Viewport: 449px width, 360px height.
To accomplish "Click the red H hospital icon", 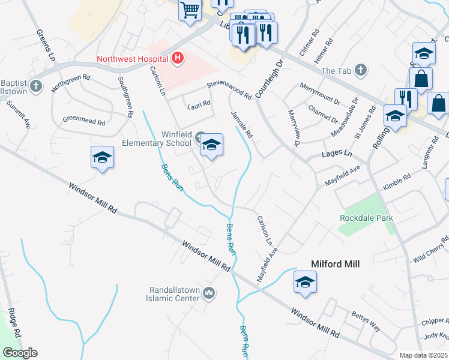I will click(177, 58).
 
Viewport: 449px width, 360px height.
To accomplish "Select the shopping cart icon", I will click(190, 10).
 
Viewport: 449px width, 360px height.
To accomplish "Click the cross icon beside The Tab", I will click(361, 70).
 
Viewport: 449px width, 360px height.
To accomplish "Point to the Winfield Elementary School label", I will click(156, 139).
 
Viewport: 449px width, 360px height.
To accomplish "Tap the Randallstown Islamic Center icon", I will click(209, 293).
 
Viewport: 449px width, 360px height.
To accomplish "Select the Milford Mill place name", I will click(334, 264).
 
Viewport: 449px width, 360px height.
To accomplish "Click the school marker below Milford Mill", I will click(305, 281).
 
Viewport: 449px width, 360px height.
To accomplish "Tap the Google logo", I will click(20, 353).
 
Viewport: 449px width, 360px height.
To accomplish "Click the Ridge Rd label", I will click(13, 324).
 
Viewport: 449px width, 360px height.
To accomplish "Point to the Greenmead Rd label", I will click(83, 120).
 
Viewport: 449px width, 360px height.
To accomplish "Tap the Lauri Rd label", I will click(199, 103).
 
